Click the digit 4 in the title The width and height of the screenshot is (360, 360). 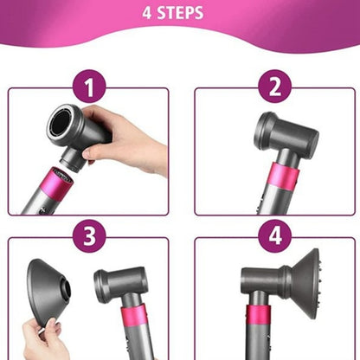(x=158, y=14)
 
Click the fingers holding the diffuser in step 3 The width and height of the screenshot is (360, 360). (x=44, y=333)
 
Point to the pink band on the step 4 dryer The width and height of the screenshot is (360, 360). (x=258, y=317)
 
